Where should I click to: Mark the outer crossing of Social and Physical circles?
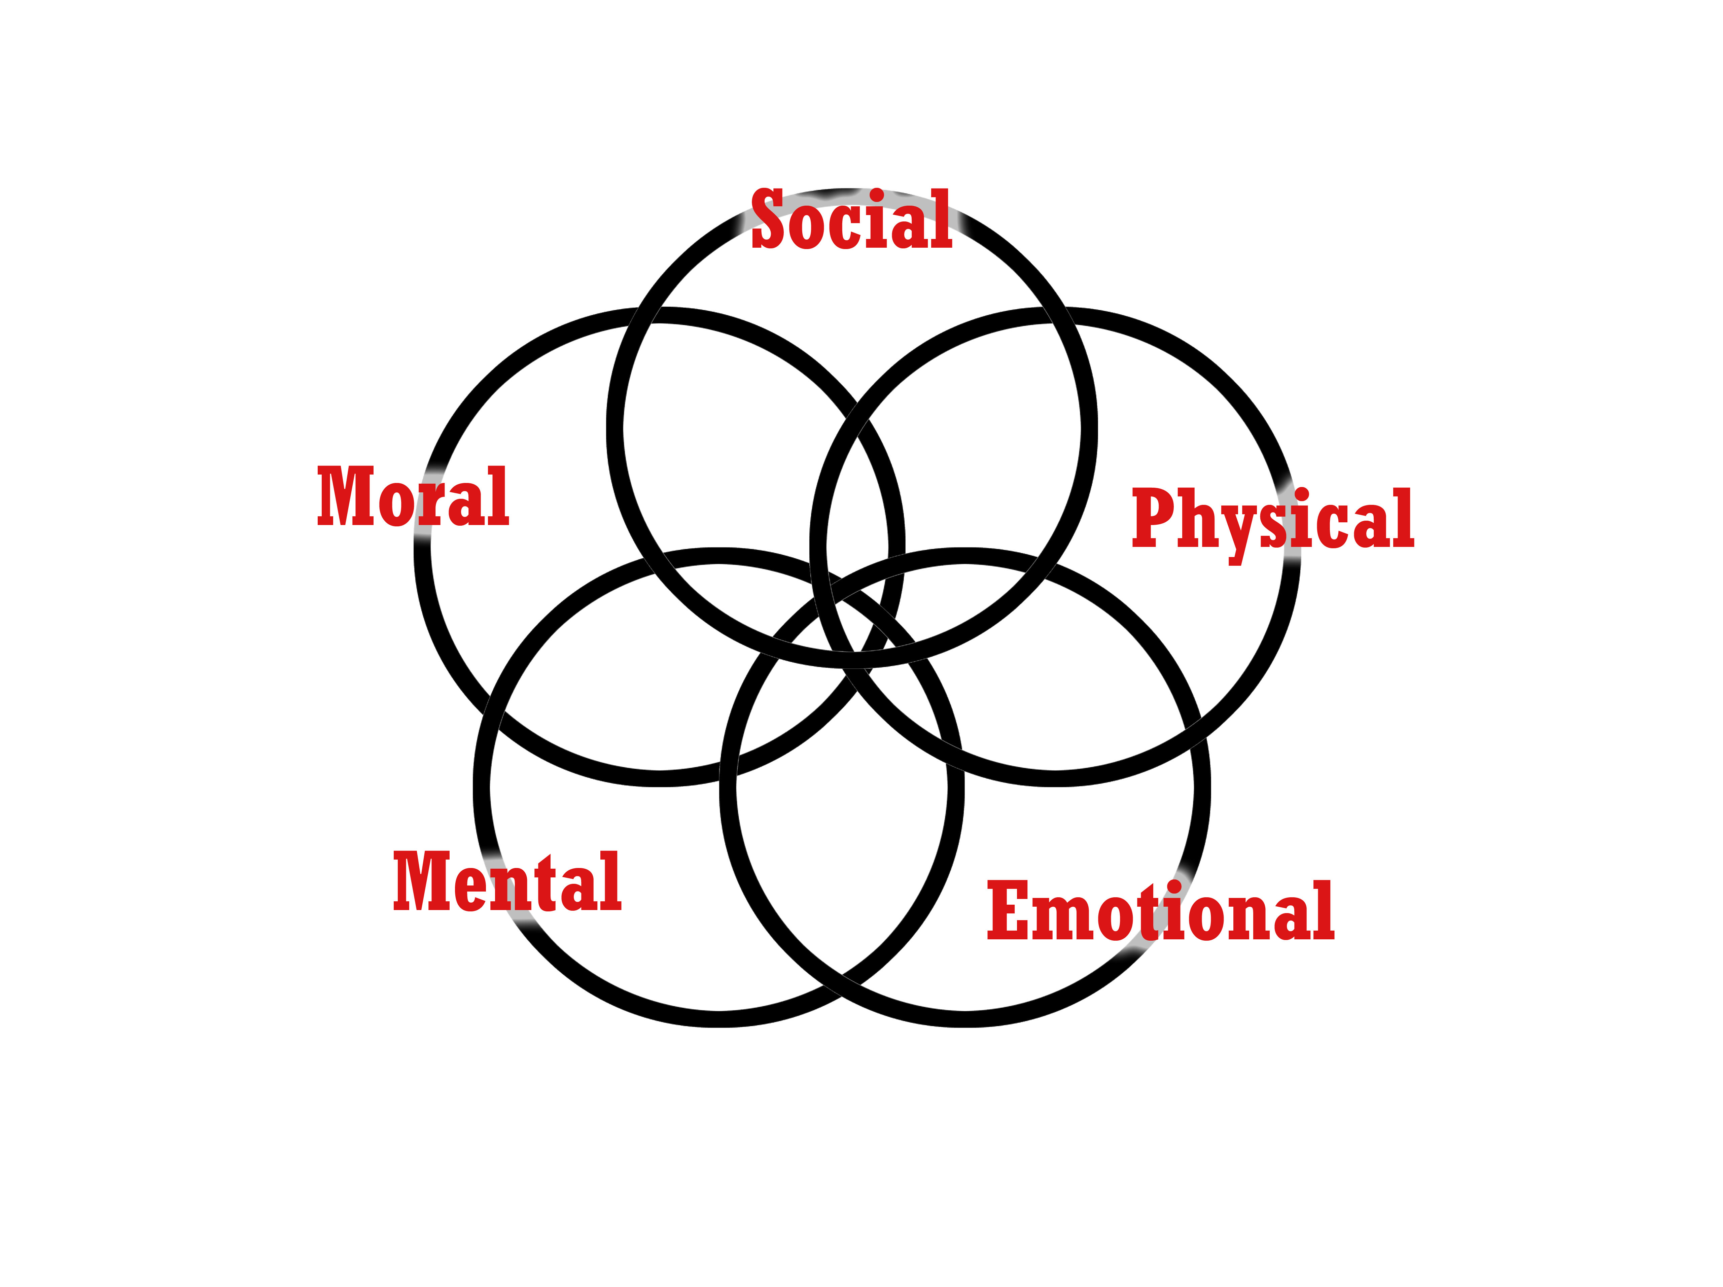point(1059,315)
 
